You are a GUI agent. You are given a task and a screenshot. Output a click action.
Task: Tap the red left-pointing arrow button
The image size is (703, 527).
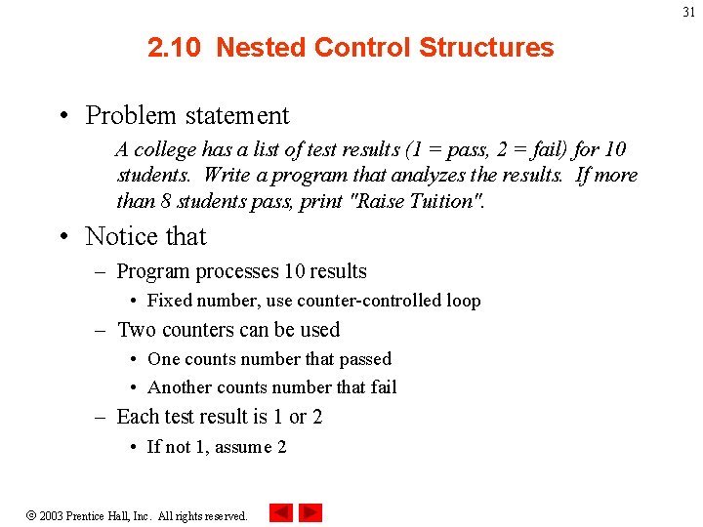coord(280,512)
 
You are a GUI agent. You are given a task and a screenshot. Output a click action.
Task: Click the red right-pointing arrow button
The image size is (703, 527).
coord(310,512)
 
